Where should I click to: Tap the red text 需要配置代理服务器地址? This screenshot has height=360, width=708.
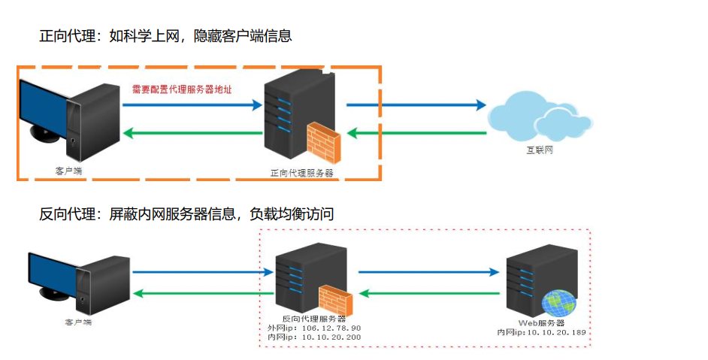181,89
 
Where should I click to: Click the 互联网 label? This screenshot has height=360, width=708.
539,150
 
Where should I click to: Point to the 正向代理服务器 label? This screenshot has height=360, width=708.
301,172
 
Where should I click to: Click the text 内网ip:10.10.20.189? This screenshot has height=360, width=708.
541,331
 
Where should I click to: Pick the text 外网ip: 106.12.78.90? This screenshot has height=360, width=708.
314,328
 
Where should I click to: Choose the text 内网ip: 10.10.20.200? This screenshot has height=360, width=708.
314,337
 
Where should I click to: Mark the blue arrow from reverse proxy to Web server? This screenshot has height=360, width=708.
428,273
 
